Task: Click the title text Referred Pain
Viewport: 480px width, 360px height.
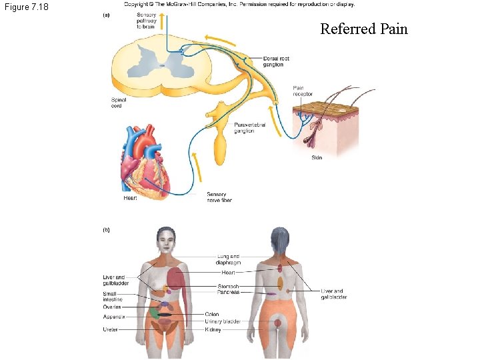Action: tap(363, 29)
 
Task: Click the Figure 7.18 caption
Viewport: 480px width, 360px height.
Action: tap(25, 7)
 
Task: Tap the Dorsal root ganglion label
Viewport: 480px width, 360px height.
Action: tap(276, 61)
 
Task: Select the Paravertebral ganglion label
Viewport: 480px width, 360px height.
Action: tap(250, 127)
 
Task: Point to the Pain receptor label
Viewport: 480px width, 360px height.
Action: tap(303, 91)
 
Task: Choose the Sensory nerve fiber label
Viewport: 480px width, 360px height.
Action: tap(217, 197)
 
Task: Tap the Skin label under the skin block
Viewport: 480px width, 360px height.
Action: tap(317, 158)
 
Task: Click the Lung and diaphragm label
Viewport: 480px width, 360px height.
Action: tap(229, 259)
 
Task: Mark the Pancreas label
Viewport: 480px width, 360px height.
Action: tap(229, 292)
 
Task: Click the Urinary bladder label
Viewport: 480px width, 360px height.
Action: tap(222, 321)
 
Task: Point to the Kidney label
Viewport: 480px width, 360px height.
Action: tap(213, 329)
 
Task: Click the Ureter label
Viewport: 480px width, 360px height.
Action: tap(111, 329)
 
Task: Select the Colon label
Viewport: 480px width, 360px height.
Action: tap(212, 314)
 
